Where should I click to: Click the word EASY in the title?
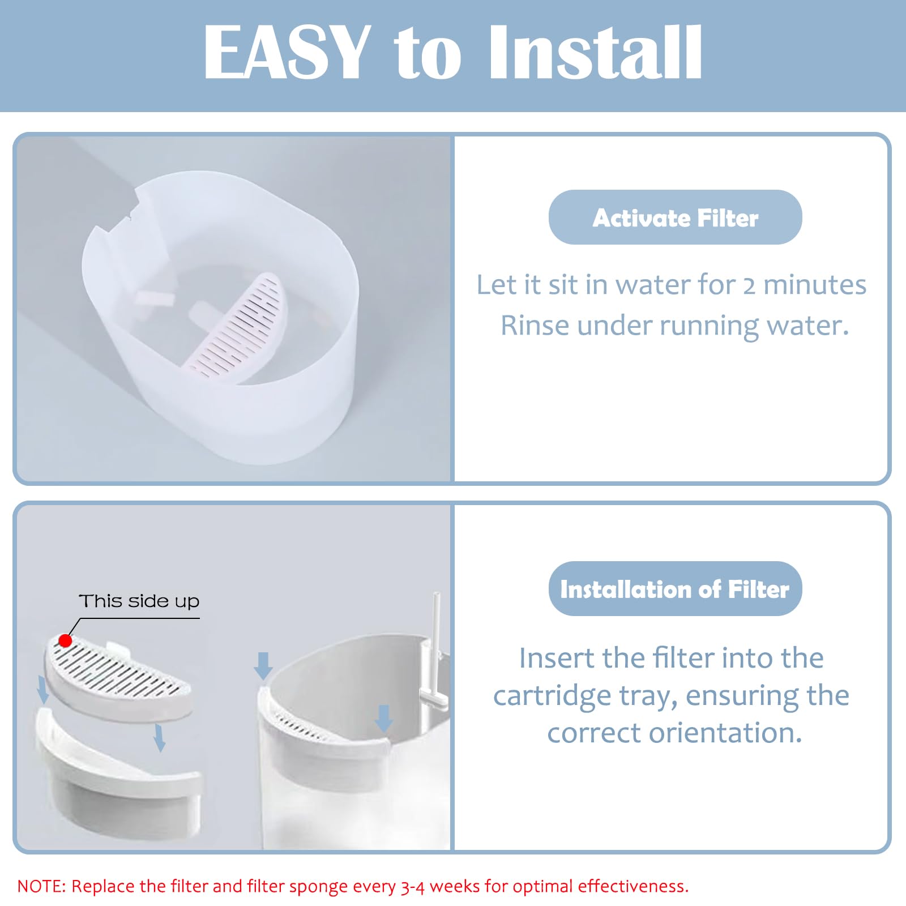pyautogui.click(x=286, y=53)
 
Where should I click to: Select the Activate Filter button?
pyautogui.click(x=675, y=217)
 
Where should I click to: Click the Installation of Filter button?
pyautogui.click(x=675, y=589)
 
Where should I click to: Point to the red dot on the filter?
pyautogui.click(x=65, y=640)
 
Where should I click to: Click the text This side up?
pyautogui.click(x=139, y=601)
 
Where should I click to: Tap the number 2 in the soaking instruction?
pyautogui.click(x=749, y=285)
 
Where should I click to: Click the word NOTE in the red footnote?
pyautogui.click(x=41, y=886)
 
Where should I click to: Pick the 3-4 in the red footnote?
pyautogui.click(x=413, y=886)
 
